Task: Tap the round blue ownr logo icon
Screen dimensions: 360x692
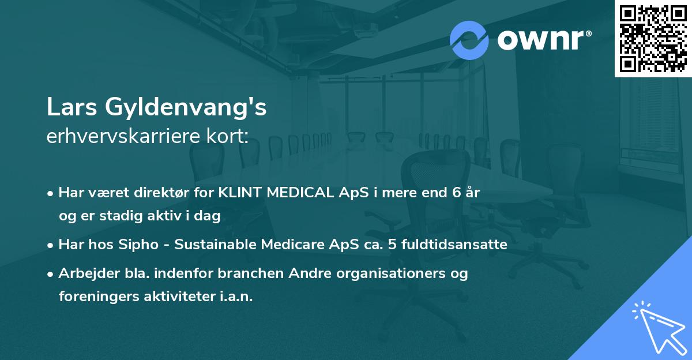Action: click(x=469, y=40)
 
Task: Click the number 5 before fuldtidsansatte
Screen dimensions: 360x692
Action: click(x=392, y=245)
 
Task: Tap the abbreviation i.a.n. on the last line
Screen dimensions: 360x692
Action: click(x=234, y=297)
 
